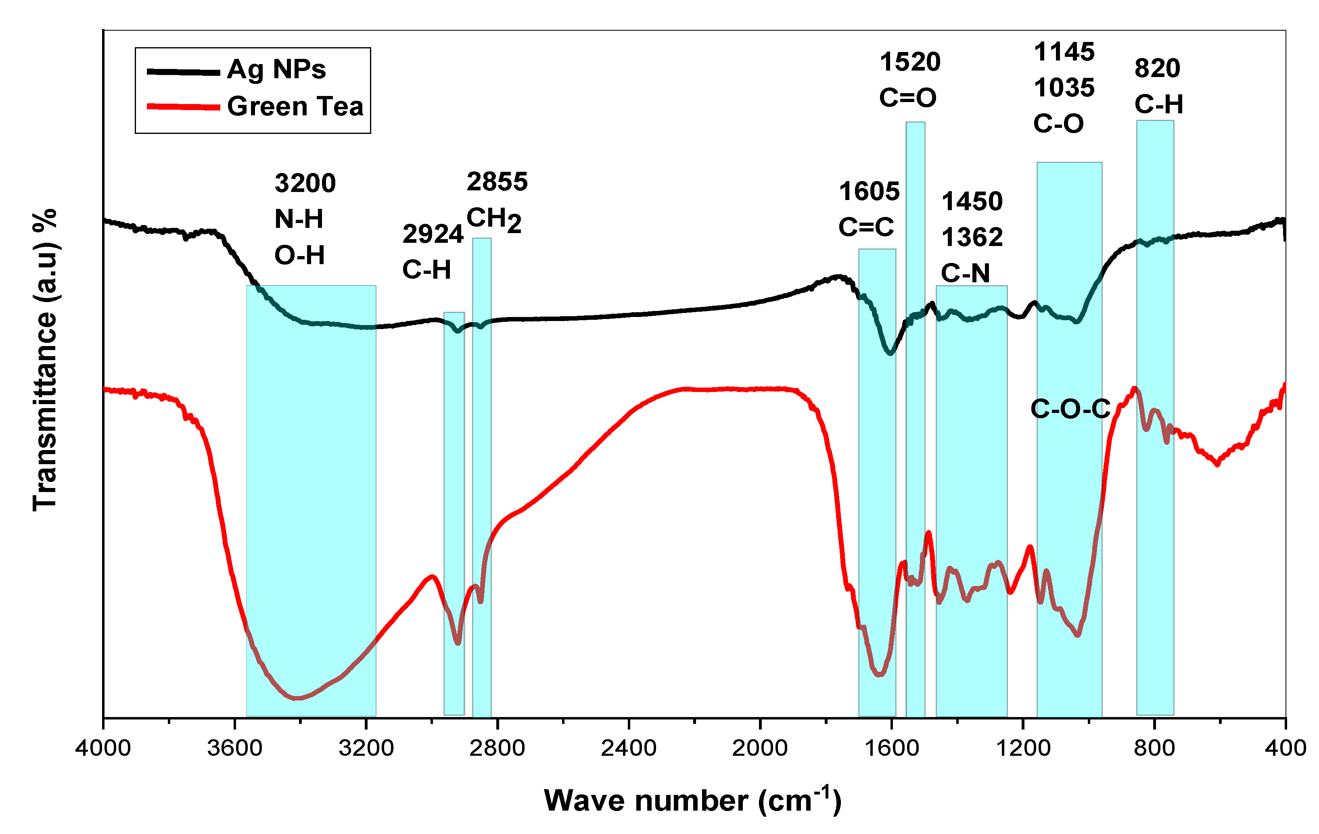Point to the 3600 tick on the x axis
[x=234, y=747]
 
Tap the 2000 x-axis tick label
[x=760, y=747]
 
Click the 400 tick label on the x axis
[x=1285, y=747]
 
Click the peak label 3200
[x=305, y=183]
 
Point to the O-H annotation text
[x=300, y=255]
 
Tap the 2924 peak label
[x=433, y=234]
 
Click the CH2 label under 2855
[x=493, y=219]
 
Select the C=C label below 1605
[x=866, y=227]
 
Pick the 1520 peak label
[x=910, y=62]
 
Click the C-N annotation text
[x=966, y=273]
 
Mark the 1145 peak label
[x=1064, y=52]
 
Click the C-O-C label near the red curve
[x=1070, y=409]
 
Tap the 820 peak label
[x=1157, y=69]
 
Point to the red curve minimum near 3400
[x=296, y=698]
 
